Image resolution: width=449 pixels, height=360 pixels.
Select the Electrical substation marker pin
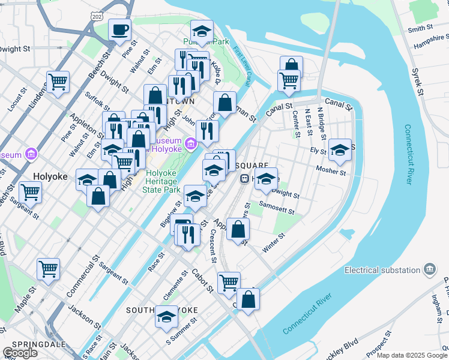(x=430, y=269)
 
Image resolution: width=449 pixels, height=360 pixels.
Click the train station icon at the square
(x=245, y=178)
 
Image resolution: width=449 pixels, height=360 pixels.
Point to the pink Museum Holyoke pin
(x=191, y=143)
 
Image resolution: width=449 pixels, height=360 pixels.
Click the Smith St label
(x=420, y=28)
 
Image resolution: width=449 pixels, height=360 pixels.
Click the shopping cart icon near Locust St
(x=58, y=82)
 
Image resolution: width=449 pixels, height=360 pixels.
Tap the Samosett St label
(x=276, y=208)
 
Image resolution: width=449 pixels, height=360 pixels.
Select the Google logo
(x=20, y=352)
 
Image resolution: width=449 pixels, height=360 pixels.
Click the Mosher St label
(x=331, y=172)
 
